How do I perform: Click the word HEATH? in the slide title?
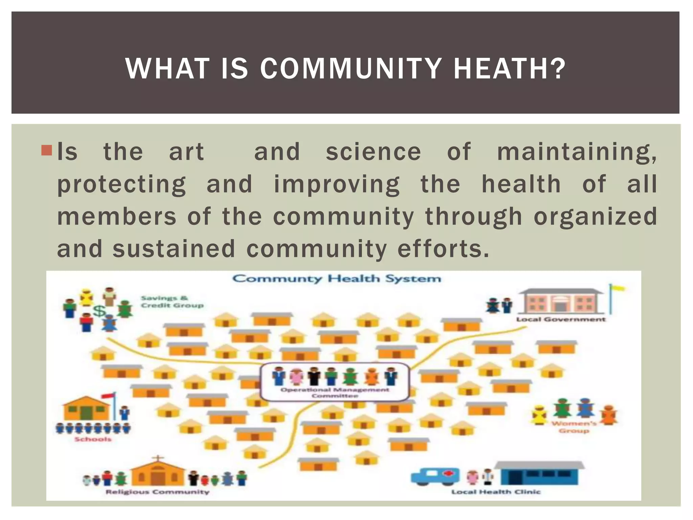click(509, 69)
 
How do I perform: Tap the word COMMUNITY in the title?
click(351, 69)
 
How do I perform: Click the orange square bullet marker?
click(46, 150)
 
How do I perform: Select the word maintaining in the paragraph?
click(576, 152)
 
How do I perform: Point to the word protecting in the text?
click(121, 185)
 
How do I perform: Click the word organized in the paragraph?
click(595, 217)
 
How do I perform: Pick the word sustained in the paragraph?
click(174, 249)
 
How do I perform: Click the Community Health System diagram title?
click(337, 279)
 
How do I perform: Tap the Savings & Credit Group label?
click(172, 302)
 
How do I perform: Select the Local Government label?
click(561, 319)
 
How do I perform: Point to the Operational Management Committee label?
click(335, 393)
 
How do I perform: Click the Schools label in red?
click(93, 439)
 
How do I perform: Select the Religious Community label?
click(157, 492)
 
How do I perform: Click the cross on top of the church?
click(157, 459)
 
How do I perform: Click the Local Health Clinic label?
click(496, 492)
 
